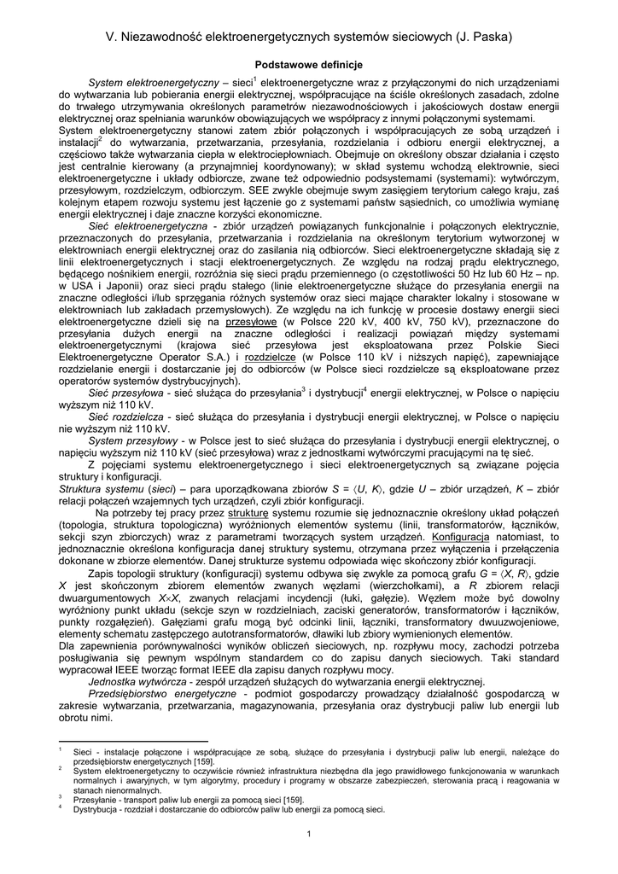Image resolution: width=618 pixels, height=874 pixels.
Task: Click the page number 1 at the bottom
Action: click(310, 835)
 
